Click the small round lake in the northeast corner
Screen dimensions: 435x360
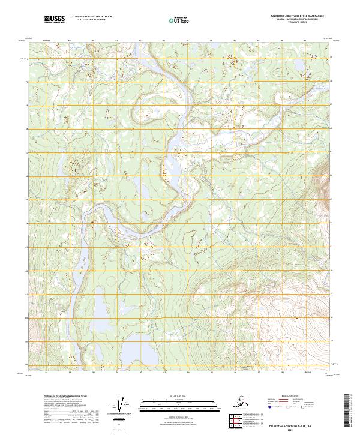pos(278,72)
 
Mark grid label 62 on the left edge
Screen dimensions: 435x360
pos(26,271)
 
